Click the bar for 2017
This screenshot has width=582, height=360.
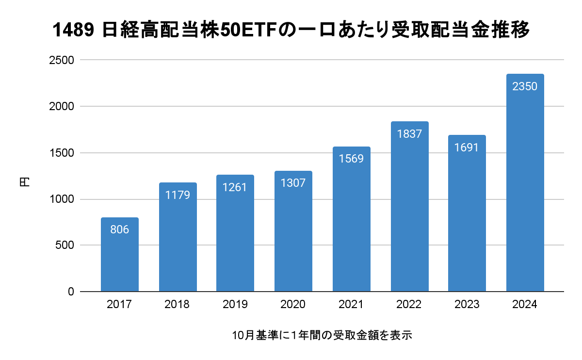[119, 255]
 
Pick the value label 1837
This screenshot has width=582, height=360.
[409, 134]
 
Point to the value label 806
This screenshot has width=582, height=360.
[119, 229]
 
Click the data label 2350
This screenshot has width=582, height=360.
[525, 87]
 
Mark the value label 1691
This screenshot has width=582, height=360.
[467, 147]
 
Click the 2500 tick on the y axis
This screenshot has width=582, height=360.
[61, 60]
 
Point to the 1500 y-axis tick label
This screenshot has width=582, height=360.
[61, 153]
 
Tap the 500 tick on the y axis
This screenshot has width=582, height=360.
[64, 245]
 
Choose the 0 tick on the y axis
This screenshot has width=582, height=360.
[70, 292]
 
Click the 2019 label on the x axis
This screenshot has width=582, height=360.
[235, 305]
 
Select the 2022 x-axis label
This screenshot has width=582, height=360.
[409, 305]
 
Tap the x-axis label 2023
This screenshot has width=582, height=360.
[467, 305]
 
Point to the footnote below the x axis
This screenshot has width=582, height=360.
[322, 335]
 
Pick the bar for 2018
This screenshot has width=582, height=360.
[178, 237]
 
